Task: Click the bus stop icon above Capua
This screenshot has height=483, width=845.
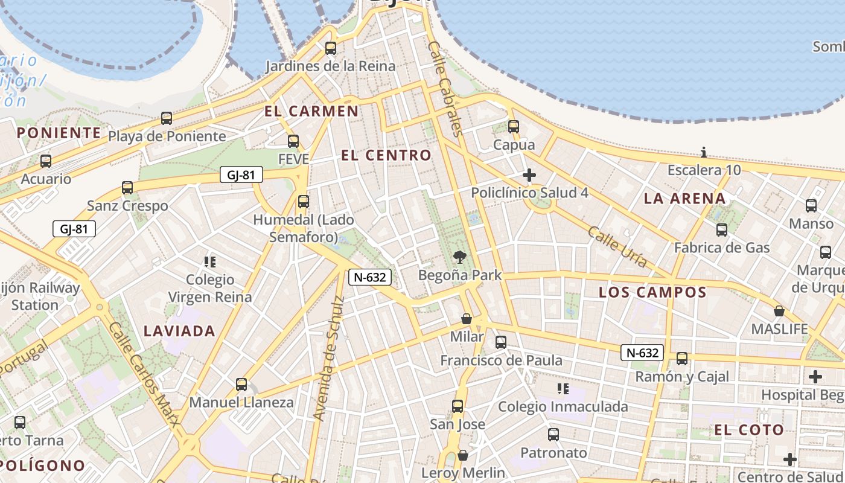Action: coord(514,127)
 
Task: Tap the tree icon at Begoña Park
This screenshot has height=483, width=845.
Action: coord(460,257)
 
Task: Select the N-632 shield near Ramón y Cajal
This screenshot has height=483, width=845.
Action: coord(642,353)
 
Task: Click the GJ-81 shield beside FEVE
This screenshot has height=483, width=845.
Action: coord(241,175)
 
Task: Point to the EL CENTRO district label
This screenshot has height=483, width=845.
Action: coord(386,155)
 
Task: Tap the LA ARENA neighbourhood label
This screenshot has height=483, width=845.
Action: coord(684,198)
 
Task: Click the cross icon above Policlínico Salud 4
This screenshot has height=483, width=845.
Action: coord(529,175)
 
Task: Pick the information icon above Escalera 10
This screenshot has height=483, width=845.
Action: coord(704,152)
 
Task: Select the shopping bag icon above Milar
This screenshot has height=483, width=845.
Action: coord(467,318)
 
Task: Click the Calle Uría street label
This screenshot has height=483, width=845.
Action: coord(617,247)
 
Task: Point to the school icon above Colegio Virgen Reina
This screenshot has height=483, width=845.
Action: coord(210,261)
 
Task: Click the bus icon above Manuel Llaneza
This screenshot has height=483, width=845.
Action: coord(241,384)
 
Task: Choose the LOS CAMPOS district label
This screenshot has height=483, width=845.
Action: coord(652,292)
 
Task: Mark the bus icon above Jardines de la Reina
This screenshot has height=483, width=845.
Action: coord(331,48)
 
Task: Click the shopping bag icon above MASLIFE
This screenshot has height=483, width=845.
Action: coord(779,311)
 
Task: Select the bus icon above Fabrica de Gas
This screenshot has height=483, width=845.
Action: coord(722,229)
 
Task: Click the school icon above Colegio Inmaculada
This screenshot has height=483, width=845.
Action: coord(563,388)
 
